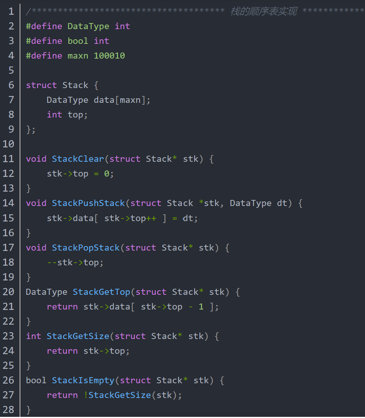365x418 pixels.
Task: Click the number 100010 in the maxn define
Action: pos(109,56)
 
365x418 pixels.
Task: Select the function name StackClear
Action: pos(78,159)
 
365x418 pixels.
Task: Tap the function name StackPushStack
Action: pos(88,203)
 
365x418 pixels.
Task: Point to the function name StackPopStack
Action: pos(86,248)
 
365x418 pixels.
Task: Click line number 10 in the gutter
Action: pos(8,144)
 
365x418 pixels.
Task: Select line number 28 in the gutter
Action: pos(8,410)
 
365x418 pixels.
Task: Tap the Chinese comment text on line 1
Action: pos(264,12)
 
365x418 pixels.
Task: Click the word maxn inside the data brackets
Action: pos(130,100)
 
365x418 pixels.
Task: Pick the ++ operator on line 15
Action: pos(151,218)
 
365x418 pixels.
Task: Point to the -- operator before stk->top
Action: pos(52,262)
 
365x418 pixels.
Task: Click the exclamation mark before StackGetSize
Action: pos(86,395)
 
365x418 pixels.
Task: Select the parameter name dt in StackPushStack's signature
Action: pos(282,203)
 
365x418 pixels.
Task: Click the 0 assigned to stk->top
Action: pos(107,174)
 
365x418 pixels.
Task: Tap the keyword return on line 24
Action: pos(62,351)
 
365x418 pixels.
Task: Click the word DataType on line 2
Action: pos(88,26)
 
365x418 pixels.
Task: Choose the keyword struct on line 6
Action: pos(41,85)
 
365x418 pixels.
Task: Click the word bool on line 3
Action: pos(78,41)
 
